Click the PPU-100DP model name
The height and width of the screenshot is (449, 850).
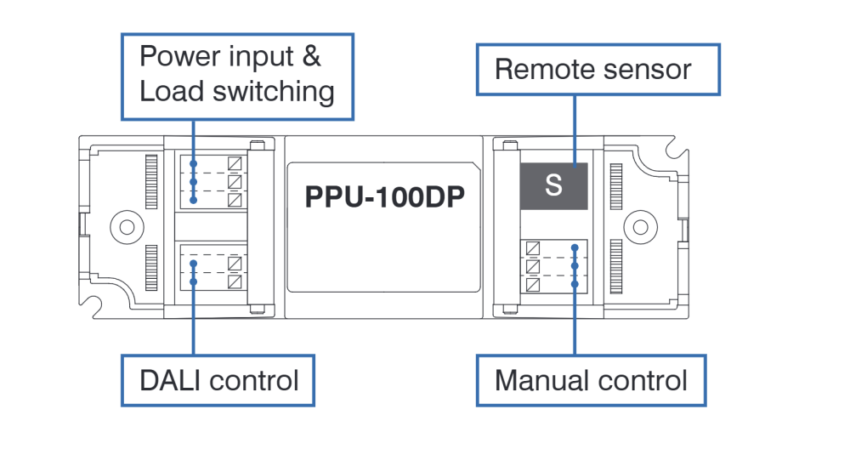(x=384, y=196)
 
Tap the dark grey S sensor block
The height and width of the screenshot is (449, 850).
(x=553, y=185)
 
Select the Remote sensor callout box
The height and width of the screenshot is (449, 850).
(x=598, y=70)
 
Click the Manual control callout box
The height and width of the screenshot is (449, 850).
(x=591, y=381)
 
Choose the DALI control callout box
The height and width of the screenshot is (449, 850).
(x=218, y=381)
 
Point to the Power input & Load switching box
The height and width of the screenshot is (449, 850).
(x=237, y=77)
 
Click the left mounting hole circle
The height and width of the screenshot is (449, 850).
(x=127, y=227)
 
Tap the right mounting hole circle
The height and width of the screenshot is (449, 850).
(x=640, y=227)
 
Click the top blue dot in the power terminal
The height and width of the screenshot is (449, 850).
(x=194, y=163)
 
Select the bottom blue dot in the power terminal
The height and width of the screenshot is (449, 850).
(x=194, y=200)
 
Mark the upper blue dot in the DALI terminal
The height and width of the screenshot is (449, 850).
(x=194, y=264)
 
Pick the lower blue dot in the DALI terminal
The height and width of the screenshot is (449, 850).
(x=194, y=282)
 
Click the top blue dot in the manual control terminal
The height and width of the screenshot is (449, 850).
(x=575, y=247)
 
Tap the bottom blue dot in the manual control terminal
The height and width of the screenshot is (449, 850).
(x=575, y=284)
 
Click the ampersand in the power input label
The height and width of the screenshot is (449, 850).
(x=311, y=56)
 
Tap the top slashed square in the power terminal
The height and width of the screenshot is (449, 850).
(x=235, y=163)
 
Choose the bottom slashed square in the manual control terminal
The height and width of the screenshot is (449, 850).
(x=533, y=285)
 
